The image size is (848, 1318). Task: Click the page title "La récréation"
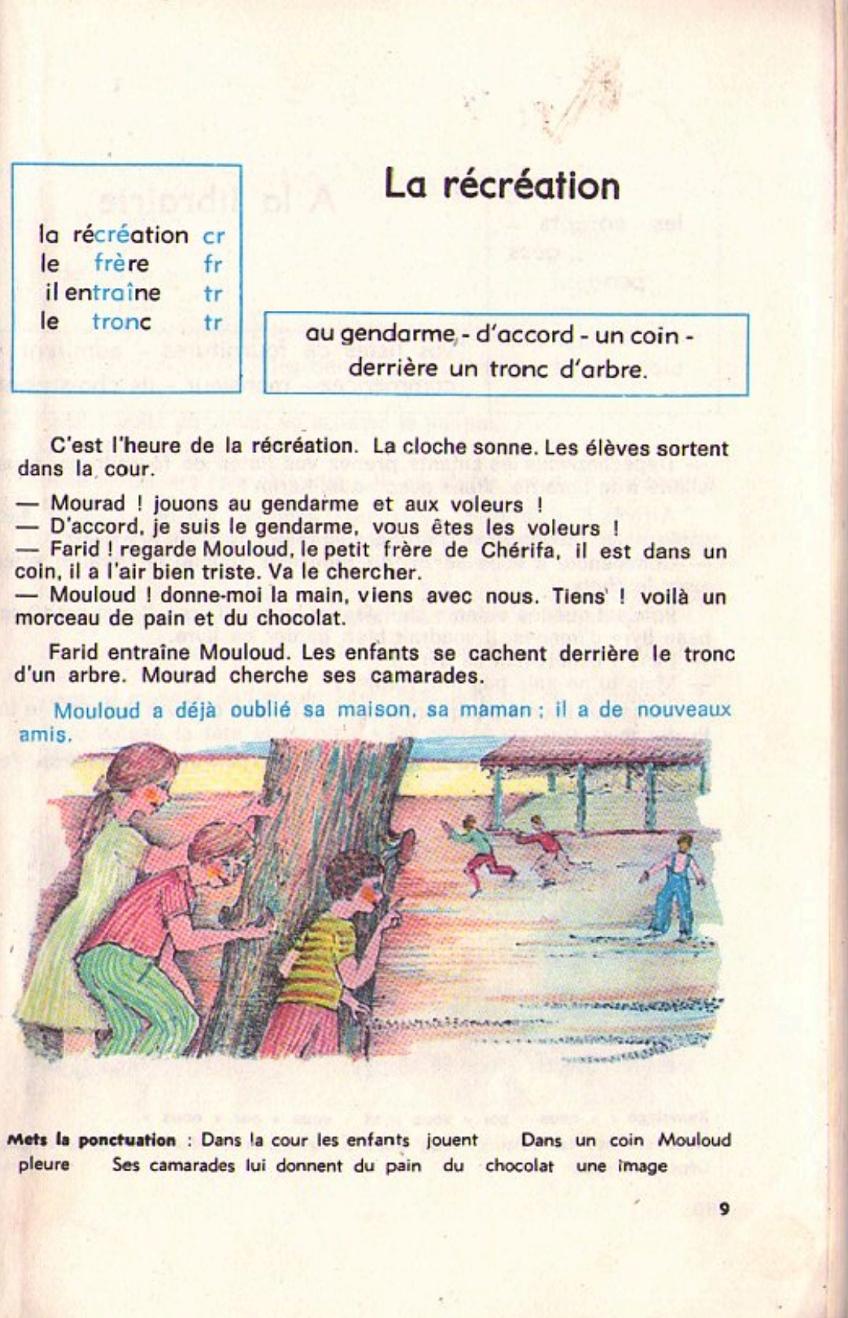pos(502,186)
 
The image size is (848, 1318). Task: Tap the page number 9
pos(724,1209)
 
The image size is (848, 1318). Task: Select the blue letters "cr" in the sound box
pos(214,236)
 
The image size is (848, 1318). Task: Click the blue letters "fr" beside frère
pos(213,265)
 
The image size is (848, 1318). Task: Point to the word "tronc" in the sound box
pos(121,322)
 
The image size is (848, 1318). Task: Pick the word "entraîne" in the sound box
pos(112,293)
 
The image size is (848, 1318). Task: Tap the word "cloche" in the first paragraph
pos(434,447)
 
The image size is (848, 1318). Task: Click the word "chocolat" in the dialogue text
pos(301,619)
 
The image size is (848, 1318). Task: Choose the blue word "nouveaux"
pos(683,710)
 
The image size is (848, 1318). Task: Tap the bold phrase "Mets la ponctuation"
pos(91,1140)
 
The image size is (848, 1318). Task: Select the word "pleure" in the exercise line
pos(44,1164)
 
